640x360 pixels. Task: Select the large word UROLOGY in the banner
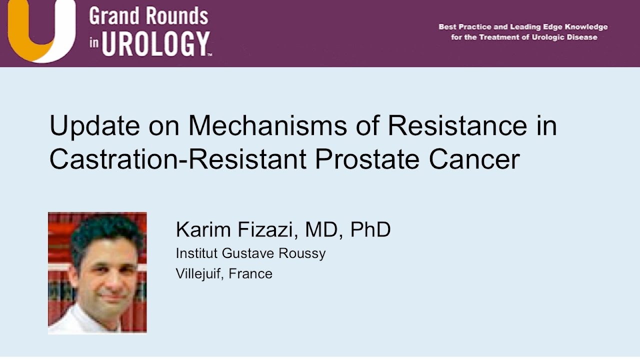155,43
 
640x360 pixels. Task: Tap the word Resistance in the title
457,125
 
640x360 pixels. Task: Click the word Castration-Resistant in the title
177,159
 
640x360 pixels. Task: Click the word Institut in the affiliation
197,253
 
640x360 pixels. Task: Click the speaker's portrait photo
97,272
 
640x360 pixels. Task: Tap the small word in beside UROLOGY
94,44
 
